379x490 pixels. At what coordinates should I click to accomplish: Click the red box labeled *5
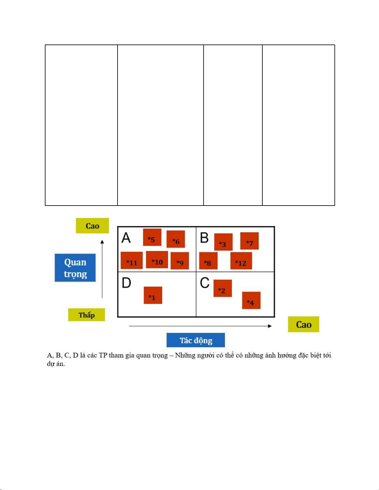pos(152,237)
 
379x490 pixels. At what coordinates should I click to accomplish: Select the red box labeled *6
pos(176,239)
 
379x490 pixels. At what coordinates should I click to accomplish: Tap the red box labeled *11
pos(132,260)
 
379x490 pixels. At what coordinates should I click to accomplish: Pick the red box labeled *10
pos(157,260)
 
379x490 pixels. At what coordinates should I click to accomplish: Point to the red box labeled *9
pos(180,261)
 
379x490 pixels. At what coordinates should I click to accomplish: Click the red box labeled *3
pos(223,242)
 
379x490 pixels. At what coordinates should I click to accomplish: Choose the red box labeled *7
pos(249,241)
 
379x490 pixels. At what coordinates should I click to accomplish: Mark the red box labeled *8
pos(209,261)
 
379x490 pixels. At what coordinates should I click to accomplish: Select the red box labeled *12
pos(241,261)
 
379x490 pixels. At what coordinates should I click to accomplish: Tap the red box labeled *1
pos(153,295)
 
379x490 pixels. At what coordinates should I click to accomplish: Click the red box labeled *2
pos(223,288)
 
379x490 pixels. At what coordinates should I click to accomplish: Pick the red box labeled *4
pos(251,300)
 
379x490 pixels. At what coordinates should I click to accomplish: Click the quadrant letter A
pos(126,238)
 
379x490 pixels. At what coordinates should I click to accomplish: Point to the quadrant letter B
pos(205,238)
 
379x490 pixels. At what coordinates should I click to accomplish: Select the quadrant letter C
pos(205,283)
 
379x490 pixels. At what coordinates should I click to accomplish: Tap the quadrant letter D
pos(126,283)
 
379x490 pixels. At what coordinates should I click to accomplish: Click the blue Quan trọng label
pos(75,268)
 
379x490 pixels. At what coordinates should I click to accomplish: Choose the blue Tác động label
pos(196,340)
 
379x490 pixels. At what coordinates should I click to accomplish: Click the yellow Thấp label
pos(87,315)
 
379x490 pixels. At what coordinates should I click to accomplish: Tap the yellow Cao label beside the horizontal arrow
pos(304,324)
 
